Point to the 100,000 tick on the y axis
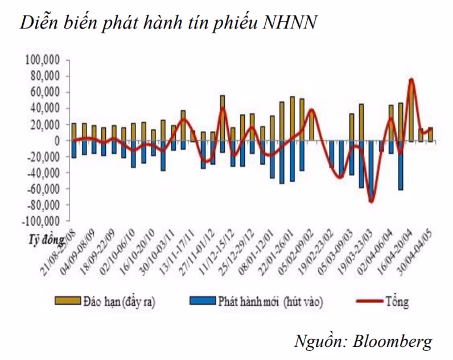click(45, 60)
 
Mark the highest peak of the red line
click(411, 80)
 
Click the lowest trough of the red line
click(371, 201)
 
